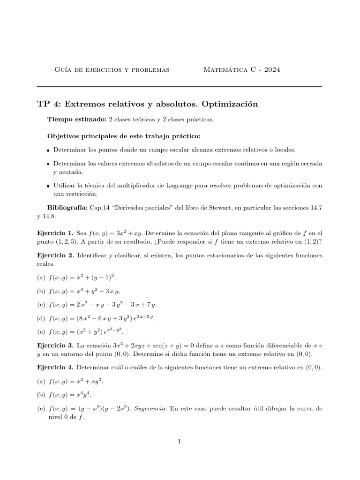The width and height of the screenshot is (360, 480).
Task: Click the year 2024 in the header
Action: [x=270, y=70]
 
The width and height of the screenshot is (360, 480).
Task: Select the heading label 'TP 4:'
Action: [x=49, y=104]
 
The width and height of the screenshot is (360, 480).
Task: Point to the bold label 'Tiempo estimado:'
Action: [x=77, y=120]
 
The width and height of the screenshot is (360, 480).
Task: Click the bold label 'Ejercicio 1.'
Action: [x=55, y=232]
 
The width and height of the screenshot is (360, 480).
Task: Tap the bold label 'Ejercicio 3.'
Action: [x=55, y=345]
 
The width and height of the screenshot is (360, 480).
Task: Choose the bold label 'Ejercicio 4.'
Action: [x=55, y=367]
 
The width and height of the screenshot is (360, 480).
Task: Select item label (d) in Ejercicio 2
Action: [x=40, y=318]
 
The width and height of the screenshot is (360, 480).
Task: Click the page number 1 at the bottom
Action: [x=180, y=441]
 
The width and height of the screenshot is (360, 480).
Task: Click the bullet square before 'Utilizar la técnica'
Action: [x=49, y=186]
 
